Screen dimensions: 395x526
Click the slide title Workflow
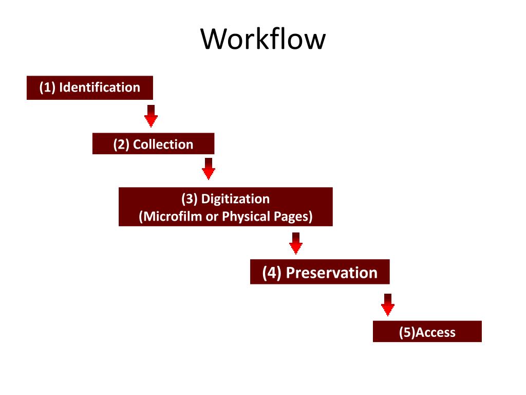tap(263, 39)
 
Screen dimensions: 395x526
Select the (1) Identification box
tap(90, 87)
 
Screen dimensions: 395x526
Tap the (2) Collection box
tap(153, 144)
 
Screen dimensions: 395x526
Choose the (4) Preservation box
tap(320, 272)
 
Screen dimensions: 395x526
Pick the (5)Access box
tap(427, 332)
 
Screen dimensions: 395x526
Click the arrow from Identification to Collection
tap(151, 116)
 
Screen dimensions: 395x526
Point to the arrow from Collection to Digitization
tap(208, 169)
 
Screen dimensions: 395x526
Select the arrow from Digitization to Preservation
tap(295, 243)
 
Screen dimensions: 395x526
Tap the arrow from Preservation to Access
tap(388, 304)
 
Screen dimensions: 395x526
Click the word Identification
tap(100, 87)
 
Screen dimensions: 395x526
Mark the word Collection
tap(163, 145)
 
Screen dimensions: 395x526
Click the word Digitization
tap(235, 199)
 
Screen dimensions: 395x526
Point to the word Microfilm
tap(173, 217)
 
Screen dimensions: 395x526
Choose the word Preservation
tap(331, 273)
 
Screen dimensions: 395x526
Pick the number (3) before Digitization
tap(190, 199)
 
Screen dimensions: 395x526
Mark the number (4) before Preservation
tap(272, 273)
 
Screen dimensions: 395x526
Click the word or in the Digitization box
tap(212, 217)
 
